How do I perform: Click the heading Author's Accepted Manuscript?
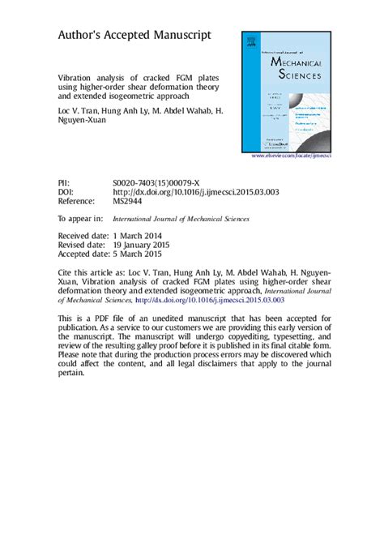tap(134, 35)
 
